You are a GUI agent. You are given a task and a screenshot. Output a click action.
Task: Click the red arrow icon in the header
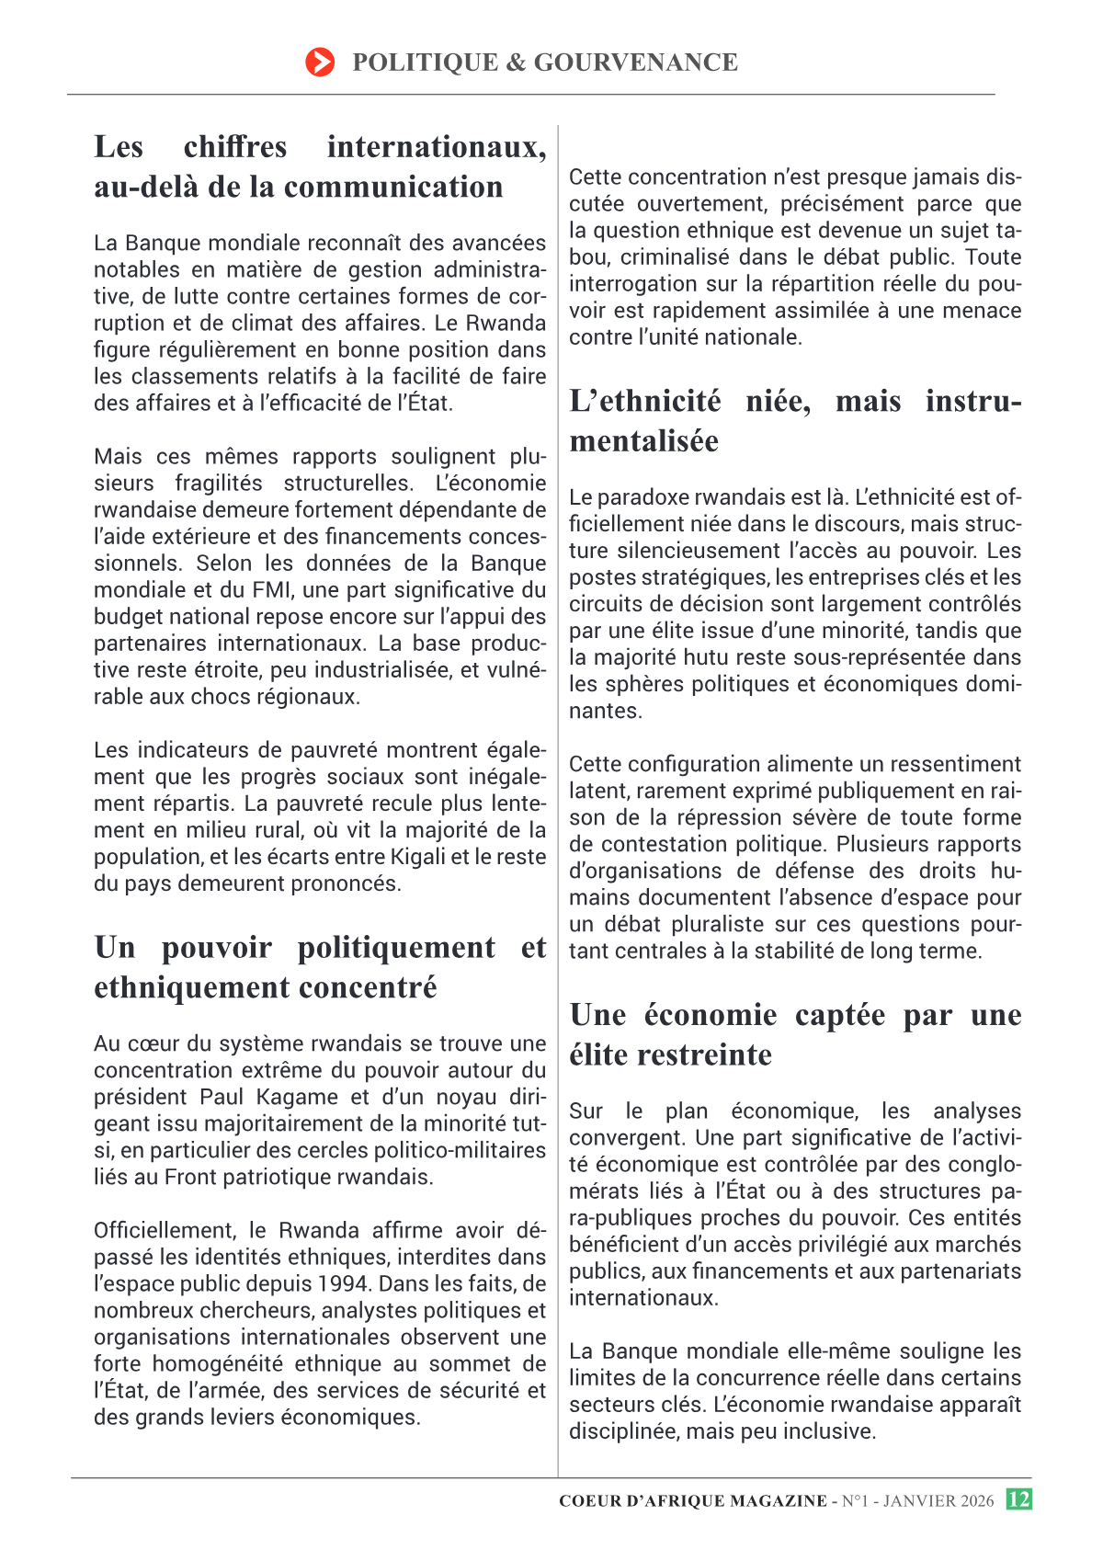[x=320, y=63]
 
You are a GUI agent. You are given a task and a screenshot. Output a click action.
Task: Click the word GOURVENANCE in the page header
[x=635, y=63]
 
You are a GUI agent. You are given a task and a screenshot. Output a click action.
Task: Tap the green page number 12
[x=1018, y=1499]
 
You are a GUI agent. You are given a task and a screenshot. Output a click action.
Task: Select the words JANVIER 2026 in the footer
[x=938, y=1501]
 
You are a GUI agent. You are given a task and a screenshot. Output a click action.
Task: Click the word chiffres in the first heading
[x=235, y=147]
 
